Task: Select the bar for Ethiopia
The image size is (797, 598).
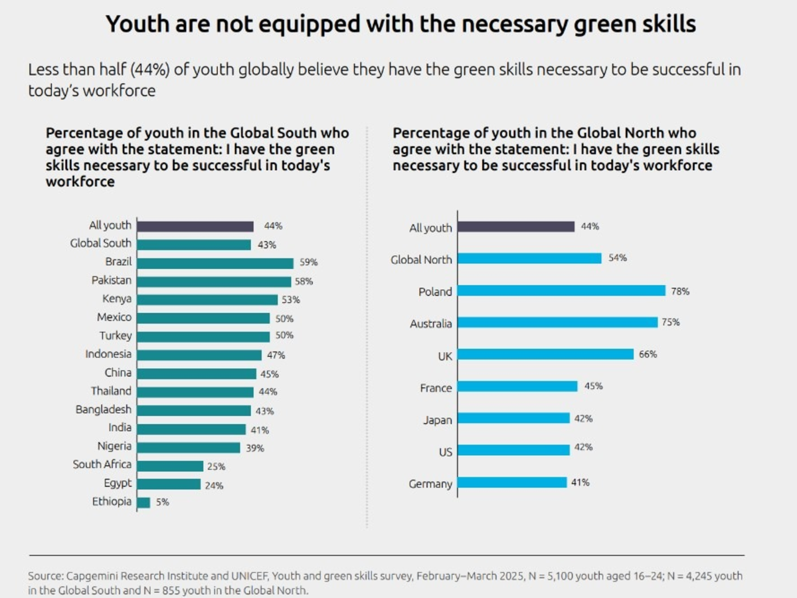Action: pyautogui.click(x=144, y=503)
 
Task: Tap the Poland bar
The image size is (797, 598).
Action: pyautogui.click(x=561, y=290)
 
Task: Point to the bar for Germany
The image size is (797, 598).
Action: pyautogui.click(x=512, y=482)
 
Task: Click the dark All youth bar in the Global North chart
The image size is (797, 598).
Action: pyautogui.click(x=516, y=227)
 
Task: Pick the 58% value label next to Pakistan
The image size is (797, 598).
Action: pyautogui.click(x=304, y=282)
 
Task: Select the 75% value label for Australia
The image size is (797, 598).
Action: pyautogui.click(x=671, y=322)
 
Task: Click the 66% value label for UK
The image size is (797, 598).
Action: pyautogui.click(x=648, y=354)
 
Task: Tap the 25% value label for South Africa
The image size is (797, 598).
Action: pyautogui.click(x=217, y=467)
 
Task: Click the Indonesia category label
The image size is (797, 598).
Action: pyautogui.click(x=108, y=354)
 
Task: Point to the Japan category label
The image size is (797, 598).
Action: pyautogui.click(x=437, y=420)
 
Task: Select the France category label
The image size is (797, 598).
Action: pyautogui.click(x=436, y=388)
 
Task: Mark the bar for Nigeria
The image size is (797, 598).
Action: pyautogui.click(x=189, y=448)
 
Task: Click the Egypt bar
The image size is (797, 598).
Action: pyautogui.click(x=169, y=484)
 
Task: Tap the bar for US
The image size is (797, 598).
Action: pyautogui.click(x=513, y=450)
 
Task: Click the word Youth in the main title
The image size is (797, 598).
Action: pyautogui.click(x=136, y=24)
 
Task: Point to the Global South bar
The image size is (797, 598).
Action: pyautogui.click(x=194, y=245)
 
